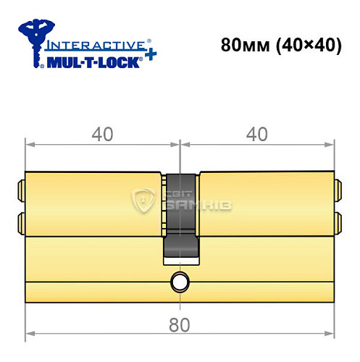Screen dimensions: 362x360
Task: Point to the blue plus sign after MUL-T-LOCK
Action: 151,56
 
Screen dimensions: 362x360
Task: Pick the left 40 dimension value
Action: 101,135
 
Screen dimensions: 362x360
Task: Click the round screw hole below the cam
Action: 179,282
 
